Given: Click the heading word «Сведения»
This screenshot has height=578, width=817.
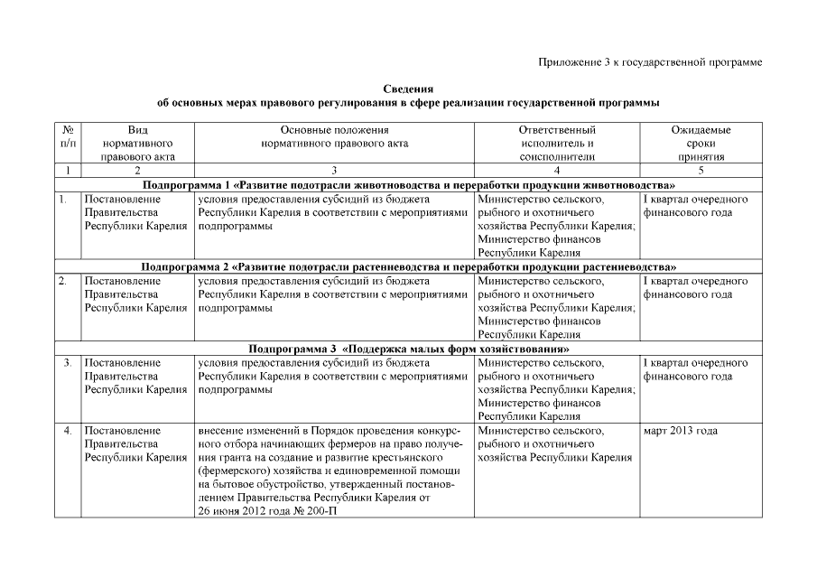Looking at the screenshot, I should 408,89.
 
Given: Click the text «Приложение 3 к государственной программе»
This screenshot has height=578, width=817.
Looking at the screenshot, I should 650,61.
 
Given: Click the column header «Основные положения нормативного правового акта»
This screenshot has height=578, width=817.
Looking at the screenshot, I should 334,136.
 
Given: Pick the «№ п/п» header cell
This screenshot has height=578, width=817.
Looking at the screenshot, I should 68,136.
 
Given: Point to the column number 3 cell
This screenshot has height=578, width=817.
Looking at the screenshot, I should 334,170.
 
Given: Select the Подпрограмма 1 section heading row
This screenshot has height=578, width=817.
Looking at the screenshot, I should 408,184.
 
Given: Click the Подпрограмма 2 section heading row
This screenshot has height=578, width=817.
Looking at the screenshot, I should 408,267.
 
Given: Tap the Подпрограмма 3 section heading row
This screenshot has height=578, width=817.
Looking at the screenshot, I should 408,349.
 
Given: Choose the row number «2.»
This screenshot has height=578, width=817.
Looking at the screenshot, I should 63,281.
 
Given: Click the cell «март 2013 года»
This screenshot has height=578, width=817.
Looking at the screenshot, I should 680,431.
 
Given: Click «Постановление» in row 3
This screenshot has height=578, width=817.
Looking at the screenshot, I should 123,362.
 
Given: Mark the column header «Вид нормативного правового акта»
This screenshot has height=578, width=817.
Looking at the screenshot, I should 138,143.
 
